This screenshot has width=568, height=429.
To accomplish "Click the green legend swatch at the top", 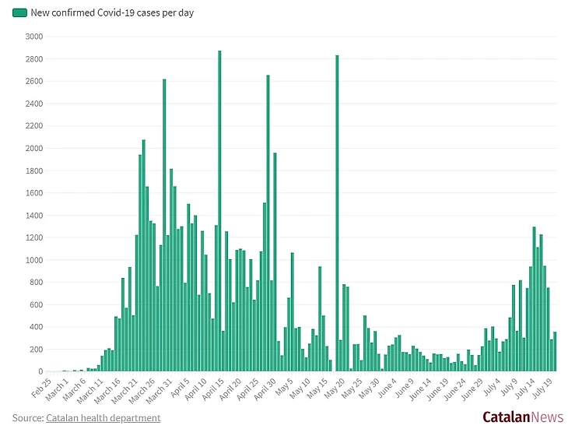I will coord(19,13).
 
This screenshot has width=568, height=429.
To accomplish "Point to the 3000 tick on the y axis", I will coord(33,37).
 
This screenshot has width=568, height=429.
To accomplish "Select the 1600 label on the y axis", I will coord(33,193).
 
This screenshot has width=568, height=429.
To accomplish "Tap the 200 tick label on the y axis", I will coord(36,350).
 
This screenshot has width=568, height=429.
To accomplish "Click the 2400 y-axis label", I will coord(33,104).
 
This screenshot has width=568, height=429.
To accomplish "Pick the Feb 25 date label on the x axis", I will coord(41,387).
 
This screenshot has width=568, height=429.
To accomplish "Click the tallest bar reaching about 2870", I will coord(219,211).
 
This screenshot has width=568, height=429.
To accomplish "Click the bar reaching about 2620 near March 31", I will coord(164,225).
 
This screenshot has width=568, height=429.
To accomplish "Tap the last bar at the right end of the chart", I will coord(555,352).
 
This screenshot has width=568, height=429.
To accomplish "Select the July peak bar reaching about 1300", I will coord(534,299).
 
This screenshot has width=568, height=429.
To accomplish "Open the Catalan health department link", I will coord(103,418).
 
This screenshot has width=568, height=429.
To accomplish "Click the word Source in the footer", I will coord(26,418).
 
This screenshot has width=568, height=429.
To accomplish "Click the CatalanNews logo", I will coord(522,417).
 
